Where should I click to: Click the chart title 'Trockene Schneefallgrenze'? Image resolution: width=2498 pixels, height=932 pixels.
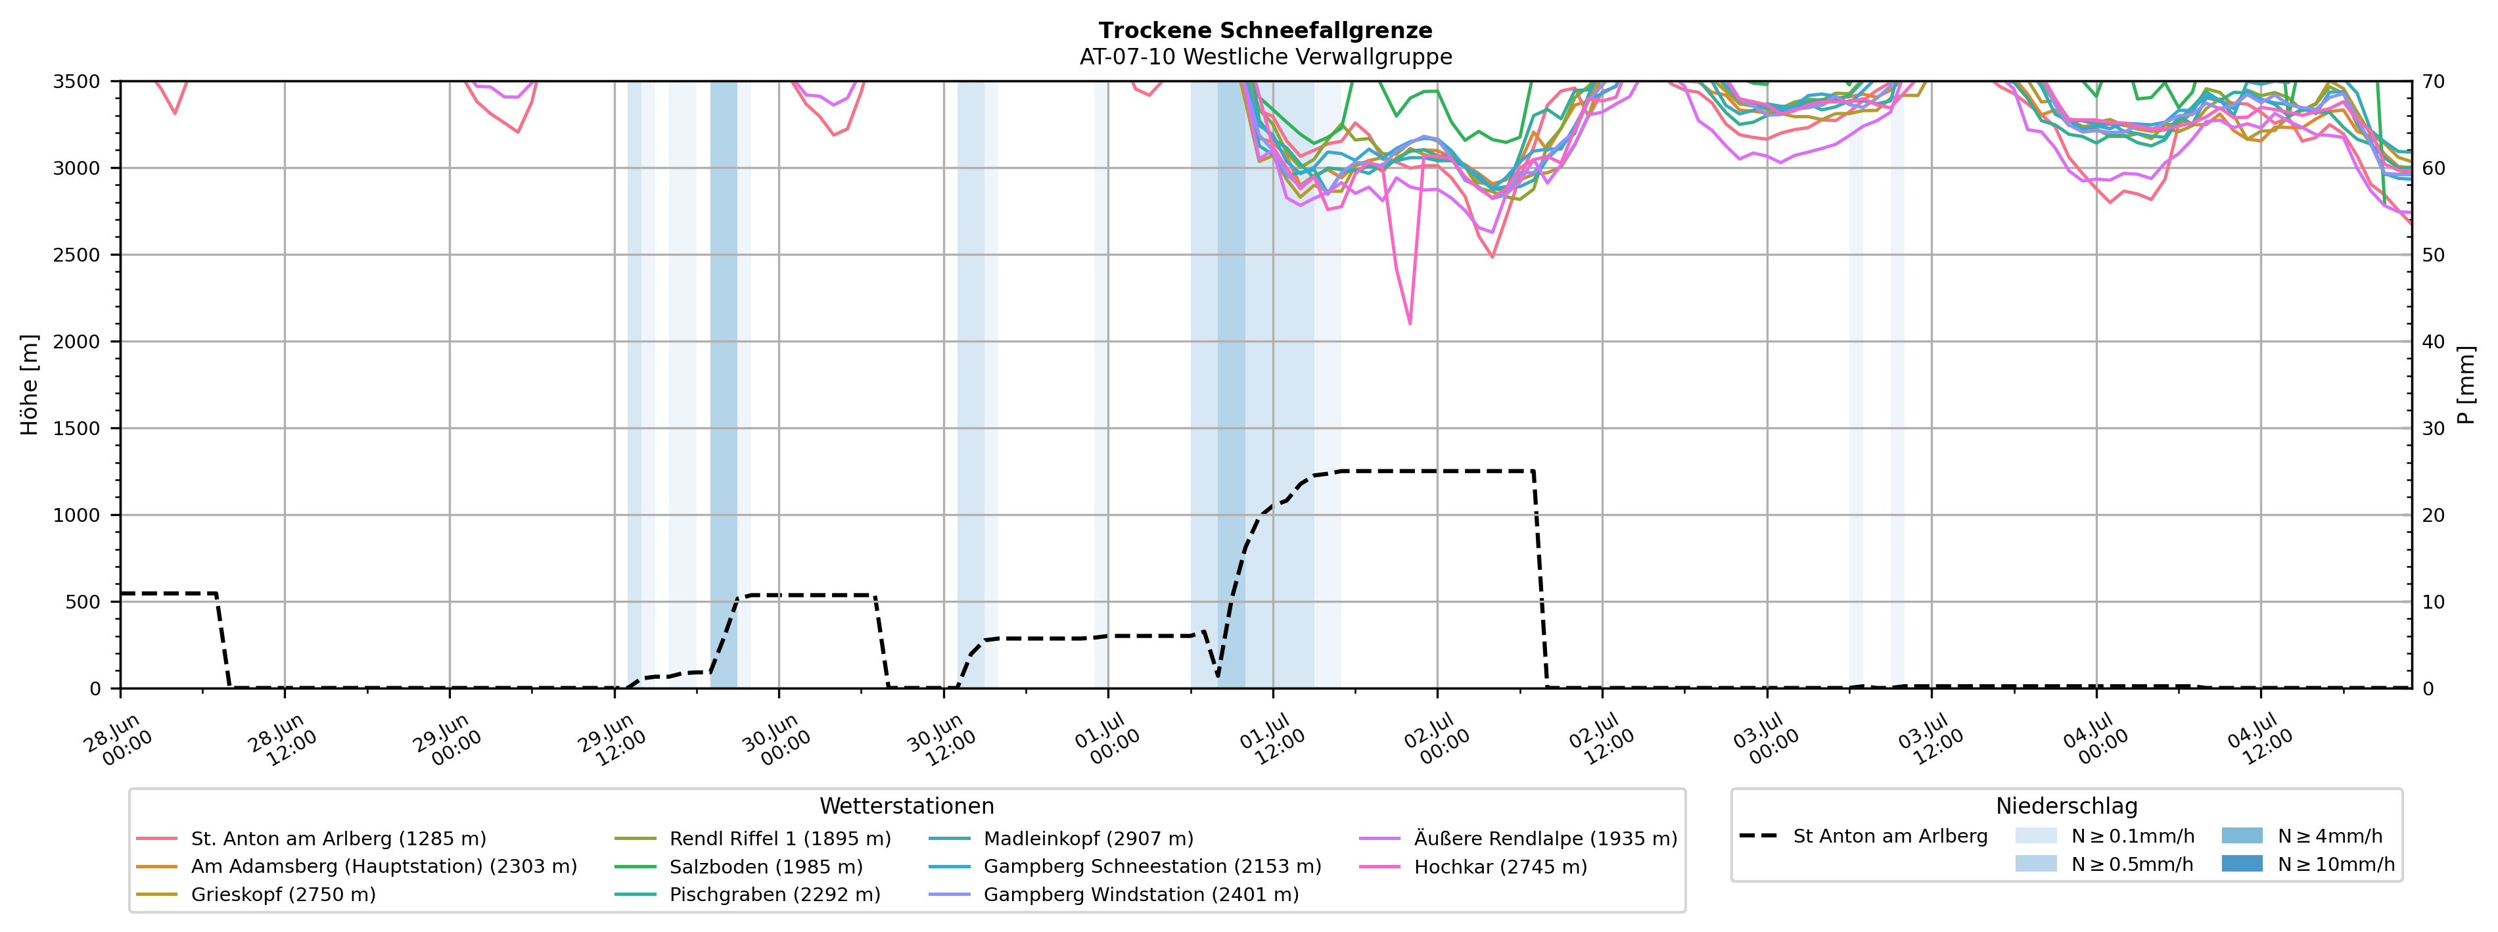pos(1266,31)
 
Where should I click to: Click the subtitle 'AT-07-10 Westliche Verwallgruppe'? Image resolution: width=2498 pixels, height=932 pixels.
pos(1266,57)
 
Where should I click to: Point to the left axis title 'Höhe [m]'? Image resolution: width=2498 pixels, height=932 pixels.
pos(29,384)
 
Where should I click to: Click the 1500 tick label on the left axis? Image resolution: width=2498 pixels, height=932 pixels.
pos(77,429)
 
